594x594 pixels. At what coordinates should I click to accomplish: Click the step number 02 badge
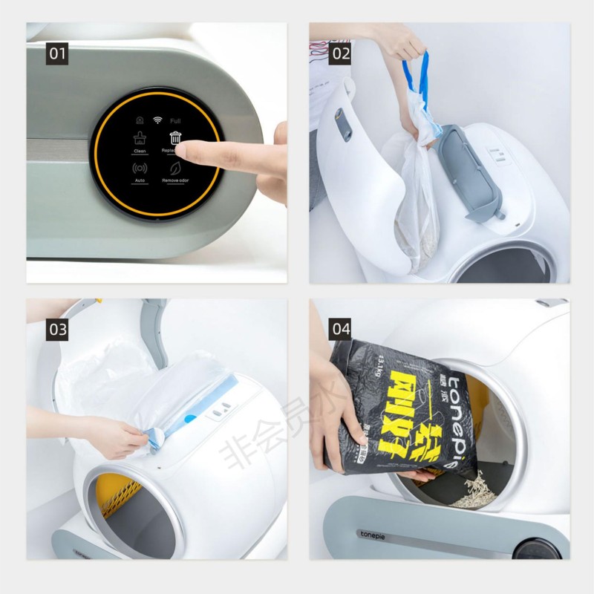(x=341, y=53)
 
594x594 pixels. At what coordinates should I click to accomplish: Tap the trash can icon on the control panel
(x=175, y=137)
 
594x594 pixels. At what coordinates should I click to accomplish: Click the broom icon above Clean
(x=140, y=137)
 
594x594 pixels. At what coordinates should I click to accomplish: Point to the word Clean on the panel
(x=140, y=151)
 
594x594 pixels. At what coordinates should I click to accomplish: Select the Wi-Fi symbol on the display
(x=157, y=120)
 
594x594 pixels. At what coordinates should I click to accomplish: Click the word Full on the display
(x=175, y=120)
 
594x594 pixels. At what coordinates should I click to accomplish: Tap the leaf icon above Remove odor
(x=175, y=168)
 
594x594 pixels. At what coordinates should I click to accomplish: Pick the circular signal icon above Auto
(x=140, y=168)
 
